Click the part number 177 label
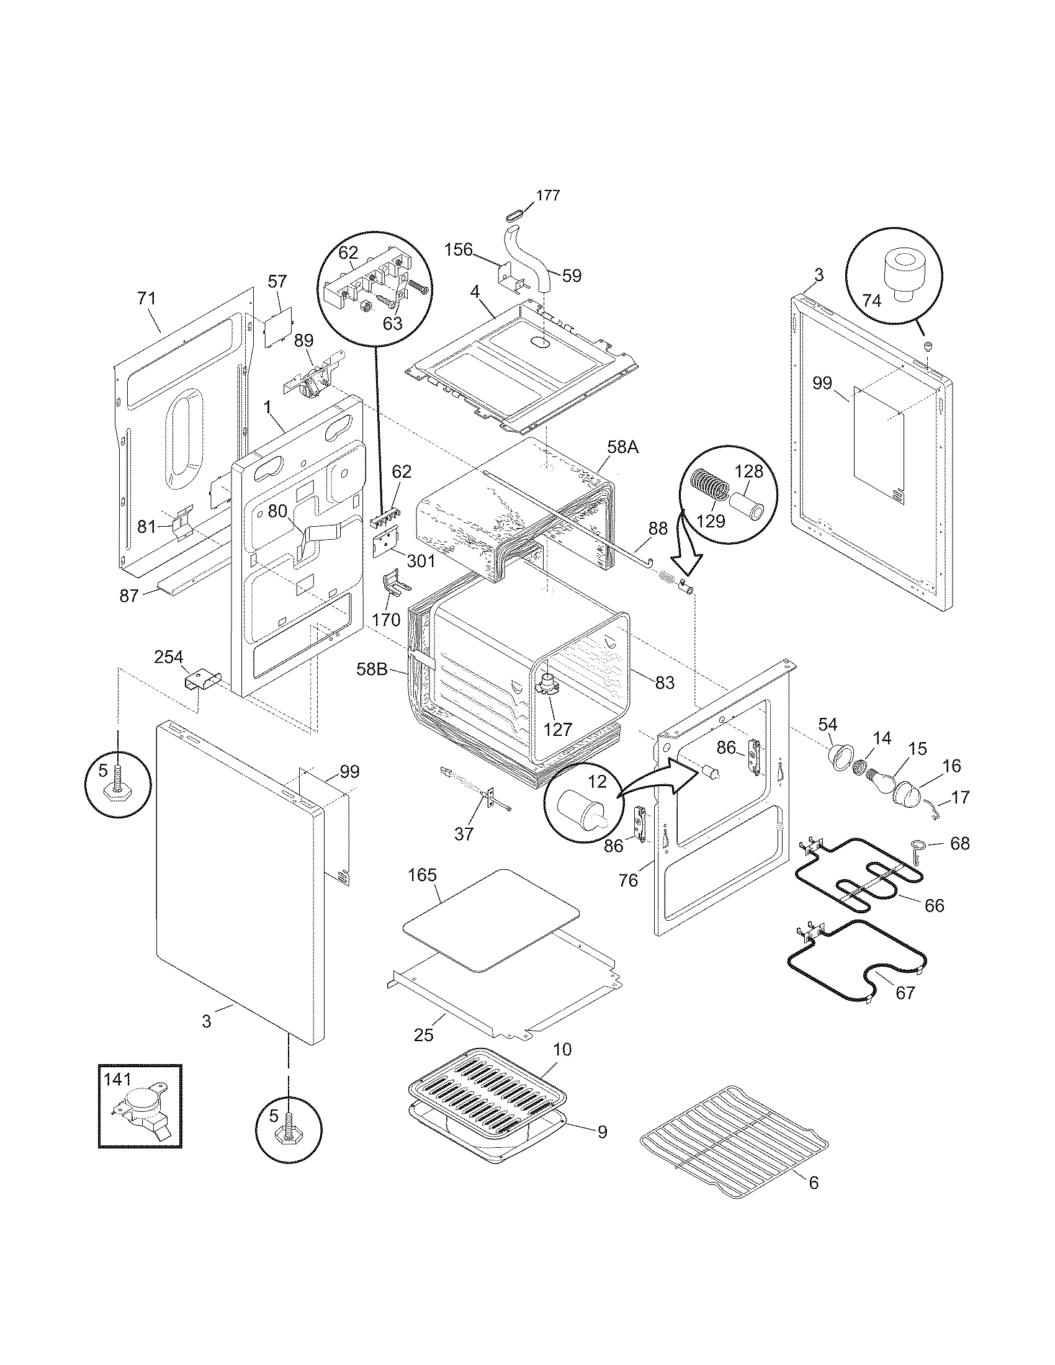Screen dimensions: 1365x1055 (x=547, y=195)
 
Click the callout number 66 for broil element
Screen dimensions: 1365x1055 (x=934, y=905)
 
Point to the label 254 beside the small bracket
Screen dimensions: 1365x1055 (x=169, y=657)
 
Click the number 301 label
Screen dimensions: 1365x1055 (x=420, y=561)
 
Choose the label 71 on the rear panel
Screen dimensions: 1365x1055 (x=146, y=299)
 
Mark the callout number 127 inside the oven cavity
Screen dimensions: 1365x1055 (x=557, y=729)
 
